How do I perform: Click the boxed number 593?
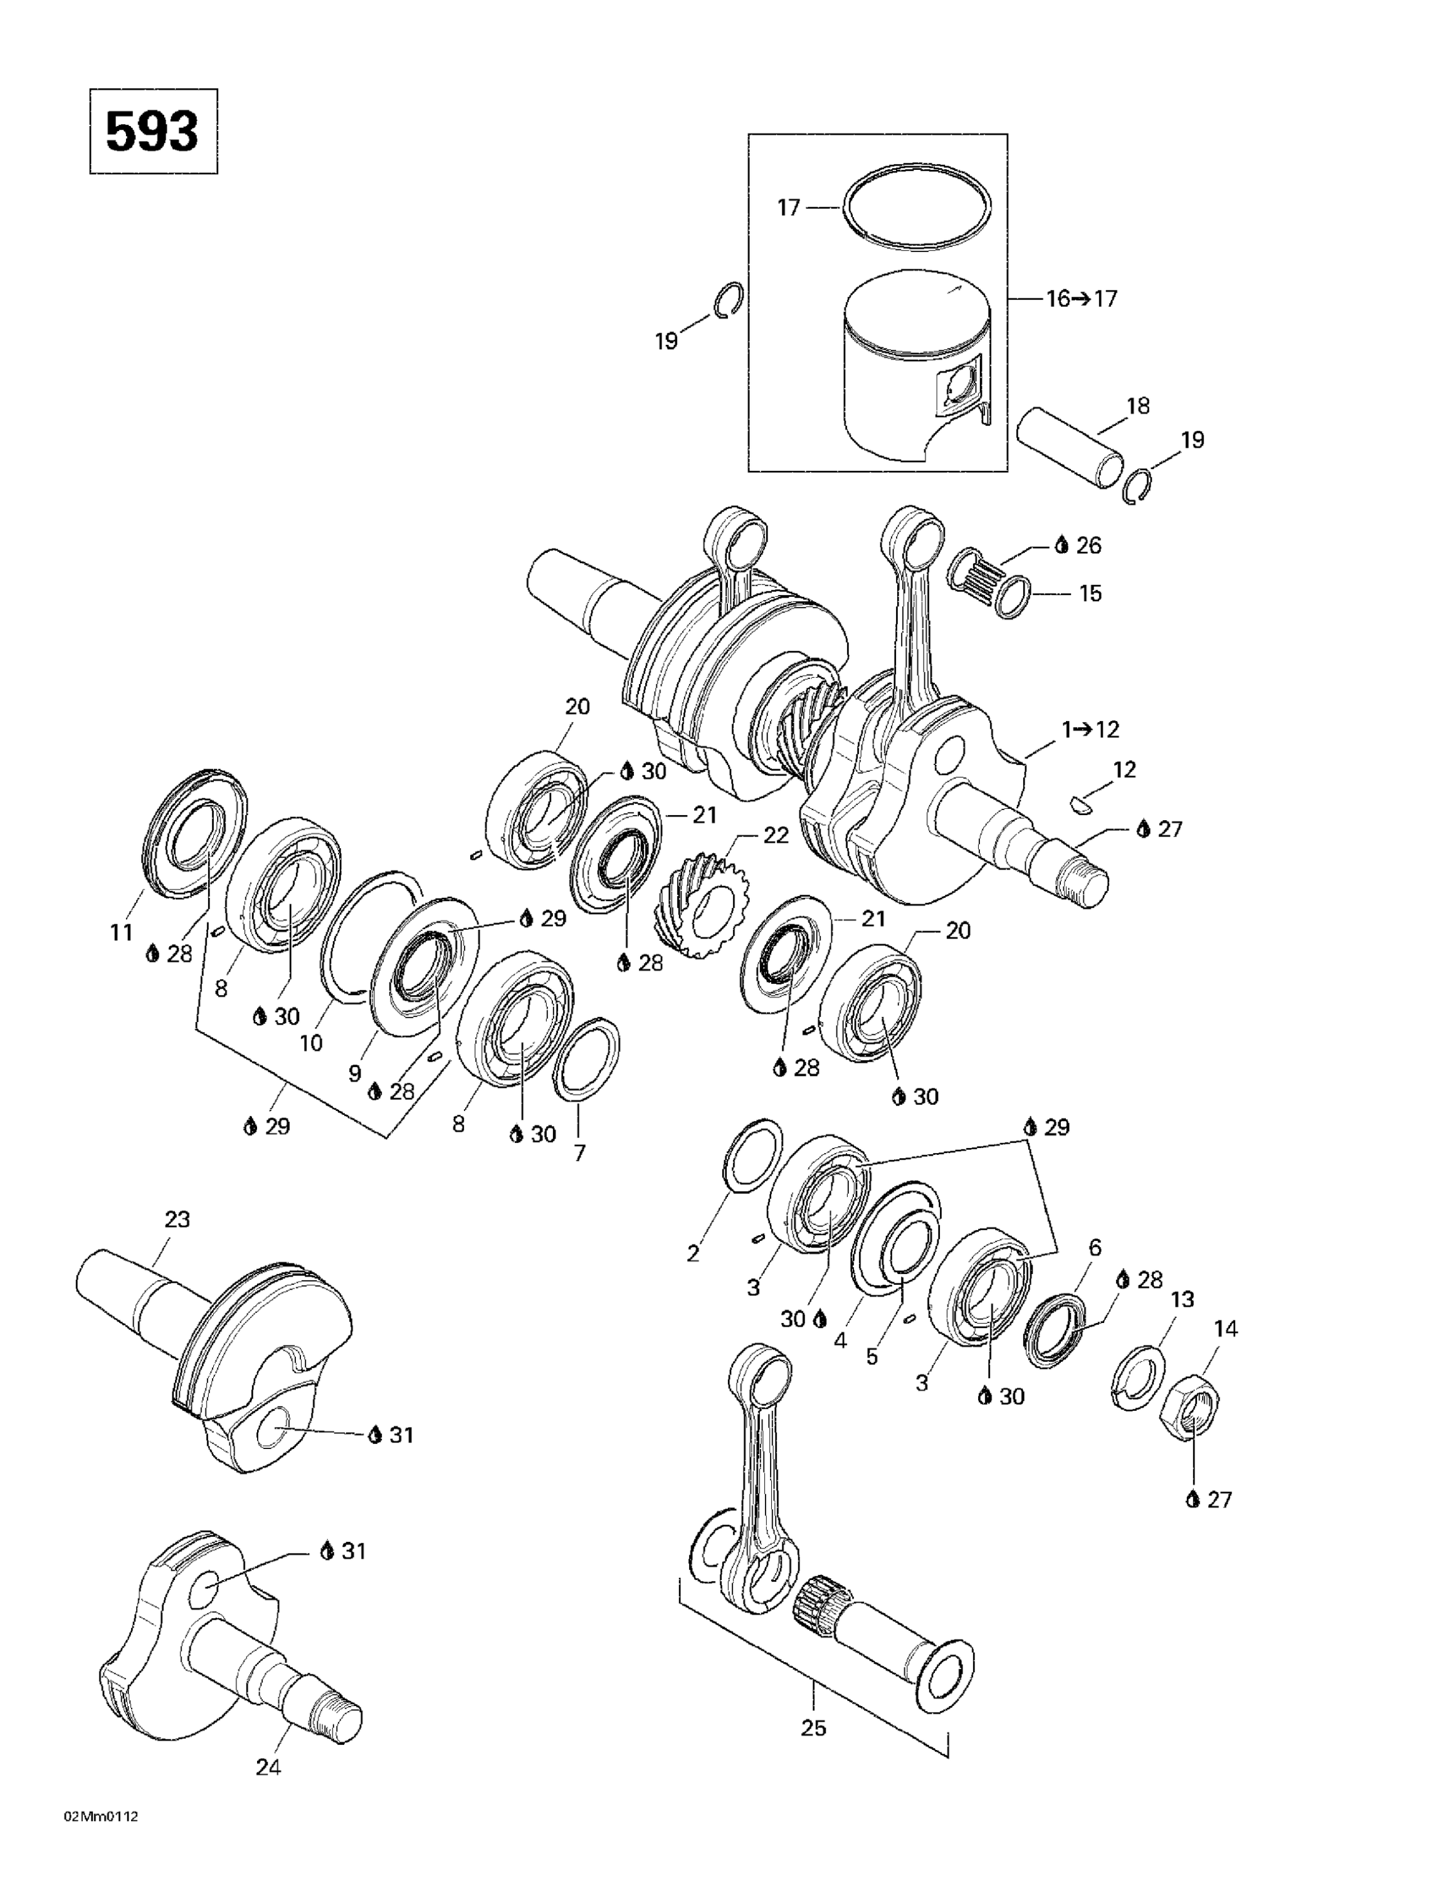tap(152, 132)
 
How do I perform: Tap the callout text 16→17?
tap(1081, 299)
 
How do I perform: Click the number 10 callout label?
tap(310, 1043)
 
